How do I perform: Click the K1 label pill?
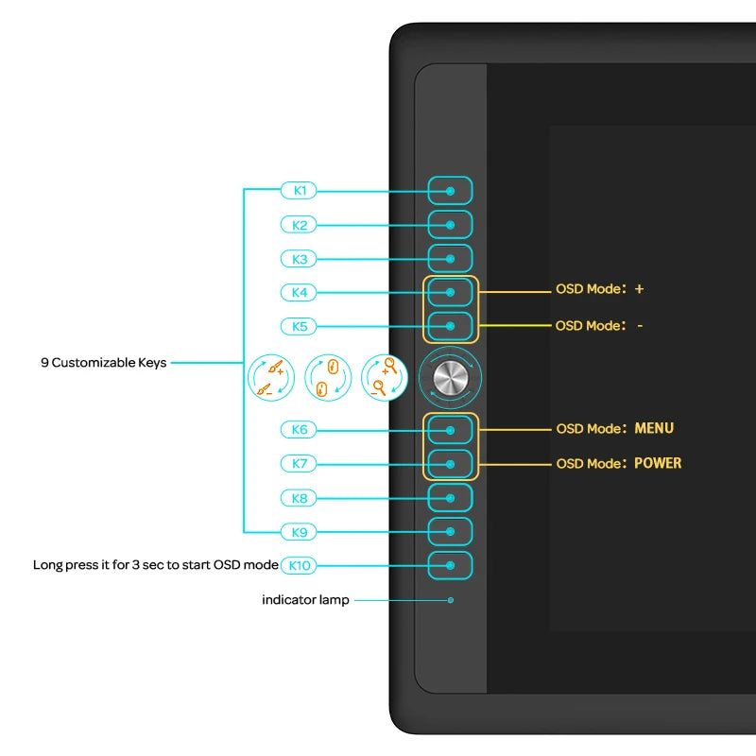click(x=300, y=190)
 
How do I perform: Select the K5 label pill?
click(x=300, y=326)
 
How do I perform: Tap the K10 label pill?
click(x=301, y=565)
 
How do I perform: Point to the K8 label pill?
click(x=300, y=497)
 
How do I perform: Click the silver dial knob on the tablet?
click(x=450, y=377)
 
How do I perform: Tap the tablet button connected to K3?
click(x=450, y=258)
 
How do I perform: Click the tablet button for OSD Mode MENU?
click(x=450, y=430)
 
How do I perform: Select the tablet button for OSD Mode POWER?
click(x=450, y=464)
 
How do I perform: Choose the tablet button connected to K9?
click(x=450, y=531)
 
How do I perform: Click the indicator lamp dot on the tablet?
click(x=451, y=600)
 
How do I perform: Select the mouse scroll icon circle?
click(x=327, y=377)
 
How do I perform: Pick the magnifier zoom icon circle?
click(x=384, y=377)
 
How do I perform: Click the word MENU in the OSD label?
click(x=654, y=428)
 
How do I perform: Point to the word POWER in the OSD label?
click(x=658, y=463)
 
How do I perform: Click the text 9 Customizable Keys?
click(x=103, y=362)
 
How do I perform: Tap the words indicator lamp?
click(x=305, y=600)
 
